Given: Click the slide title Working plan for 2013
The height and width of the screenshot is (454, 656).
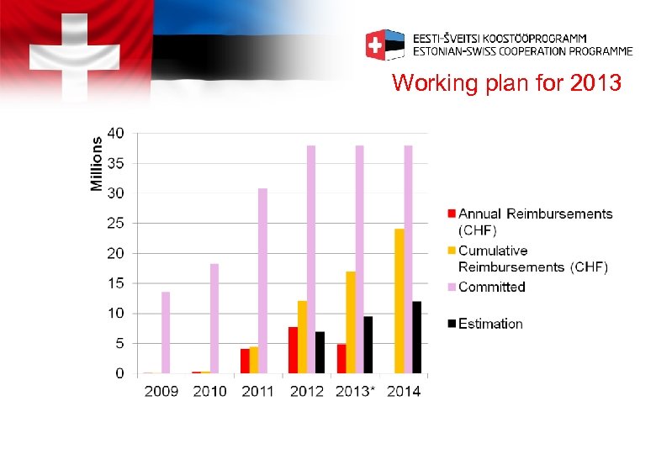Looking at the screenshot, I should [x=506, y=84].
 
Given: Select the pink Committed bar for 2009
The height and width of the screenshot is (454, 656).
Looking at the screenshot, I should [x=166, y=333].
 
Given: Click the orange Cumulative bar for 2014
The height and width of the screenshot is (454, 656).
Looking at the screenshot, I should [x=399, y=301].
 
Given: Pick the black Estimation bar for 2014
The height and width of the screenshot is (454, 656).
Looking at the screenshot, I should [x=417, y=337].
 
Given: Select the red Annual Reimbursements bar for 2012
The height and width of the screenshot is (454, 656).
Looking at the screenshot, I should [x=293, y=350].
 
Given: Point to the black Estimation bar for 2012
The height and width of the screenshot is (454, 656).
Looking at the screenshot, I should [x=320, y=352].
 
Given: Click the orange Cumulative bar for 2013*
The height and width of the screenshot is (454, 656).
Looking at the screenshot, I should [x=351, y=322].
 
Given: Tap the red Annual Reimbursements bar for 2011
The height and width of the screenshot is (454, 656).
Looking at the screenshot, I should [x=245, y=361].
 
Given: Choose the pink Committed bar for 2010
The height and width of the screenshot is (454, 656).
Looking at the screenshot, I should [x=214, y=319].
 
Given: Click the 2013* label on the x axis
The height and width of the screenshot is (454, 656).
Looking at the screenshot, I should [x=354, y=391].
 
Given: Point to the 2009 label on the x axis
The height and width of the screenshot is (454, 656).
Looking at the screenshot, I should [x=161, y=391].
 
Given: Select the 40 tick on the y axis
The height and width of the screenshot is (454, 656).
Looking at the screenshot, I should [x=115, y=133].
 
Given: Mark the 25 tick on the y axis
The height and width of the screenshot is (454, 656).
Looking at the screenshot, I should [x=115, y=224].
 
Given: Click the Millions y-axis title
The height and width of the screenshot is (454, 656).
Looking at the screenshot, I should [x=97, y=164].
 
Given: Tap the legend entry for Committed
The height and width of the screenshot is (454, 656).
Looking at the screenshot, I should [x=491, y=288].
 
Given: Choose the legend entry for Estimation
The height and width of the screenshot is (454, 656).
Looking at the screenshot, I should [x=489, y=324].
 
